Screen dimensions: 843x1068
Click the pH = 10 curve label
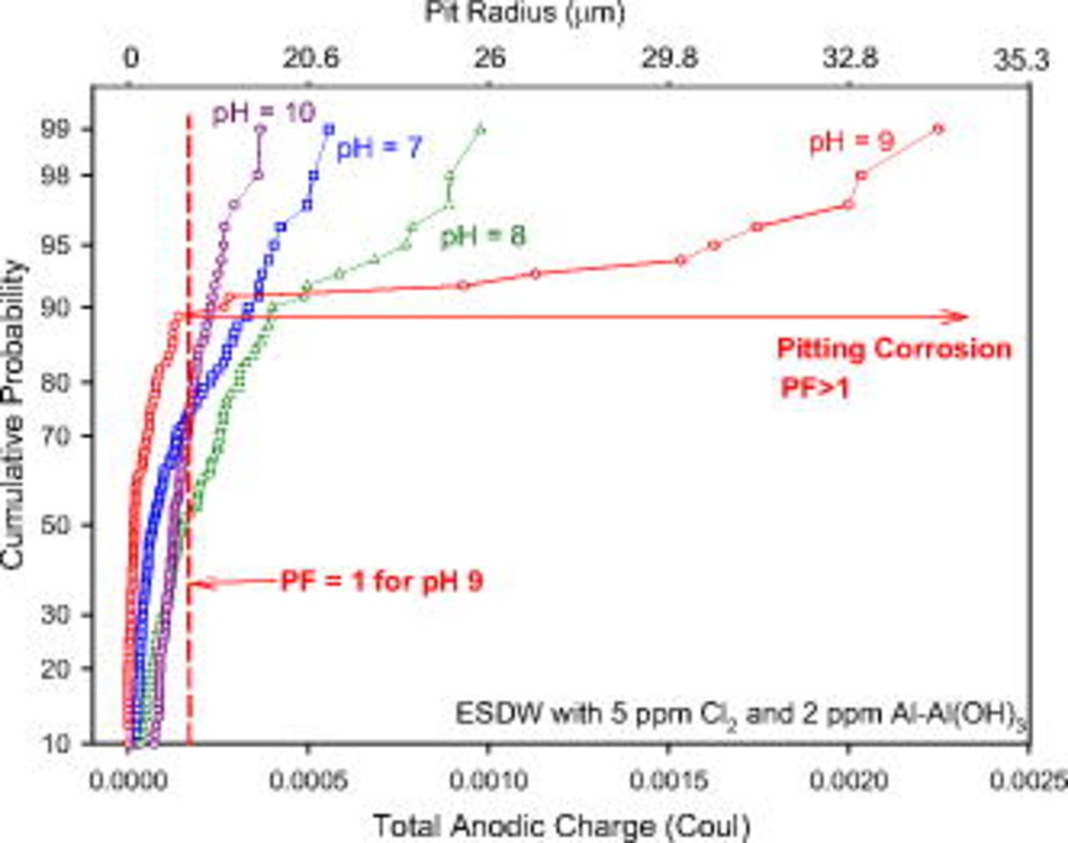(x=263, y=112)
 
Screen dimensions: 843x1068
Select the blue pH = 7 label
(x=380, y=149)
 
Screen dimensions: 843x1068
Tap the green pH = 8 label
(x=483, y=236)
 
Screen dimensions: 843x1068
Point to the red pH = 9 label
(x=851, y=141)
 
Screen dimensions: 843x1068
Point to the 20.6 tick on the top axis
(x=310, y=58)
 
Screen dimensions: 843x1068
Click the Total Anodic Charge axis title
(x=561, y=825)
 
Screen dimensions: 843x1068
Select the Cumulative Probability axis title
(x=14, y=415)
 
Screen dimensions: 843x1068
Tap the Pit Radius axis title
(x=524, y=13)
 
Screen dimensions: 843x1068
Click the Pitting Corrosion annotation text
(x=894, y=348)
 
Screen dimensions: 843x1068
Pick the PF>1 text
(x=814, y=387)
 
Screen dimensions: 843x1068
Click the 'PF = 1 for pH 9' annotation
(x=381, y=581)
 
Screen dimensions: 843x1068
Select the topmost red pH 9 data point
(x=938, y=129)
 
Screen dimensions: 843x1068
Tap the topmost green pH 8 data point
(x=480, y=129)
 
